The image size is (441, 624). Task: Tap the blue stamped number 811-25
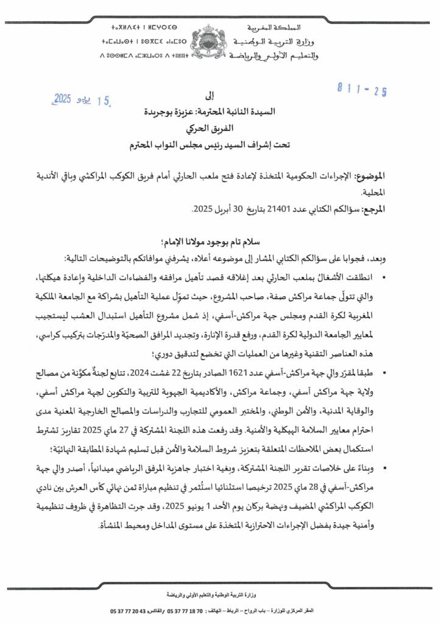tap(362, 92)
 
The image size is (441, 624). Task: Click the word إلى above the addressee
tap(220, 96)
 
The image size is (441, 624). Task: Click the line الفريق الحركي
tap(220, 129)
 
